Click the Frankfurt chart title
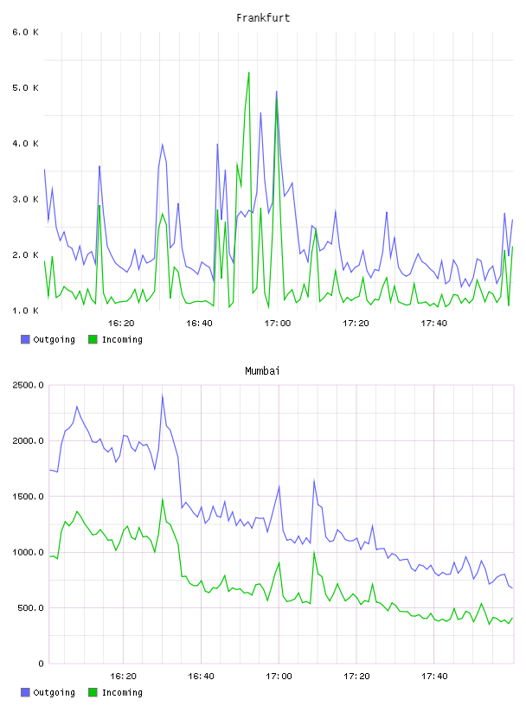263,18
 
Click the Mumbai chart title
262,371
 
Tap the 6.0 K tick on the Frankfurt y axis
26,32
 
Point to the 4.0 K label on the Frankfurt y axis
26,144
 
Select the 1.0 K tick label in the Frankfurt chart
26,311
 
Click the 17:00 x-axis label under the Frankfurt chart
278,324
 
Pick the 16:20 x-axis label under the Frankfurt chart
121,324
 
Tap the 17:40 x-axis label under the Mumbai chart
434,677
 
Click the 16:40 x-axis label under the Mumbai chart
201,677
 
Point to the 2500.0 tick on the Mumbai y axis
29,385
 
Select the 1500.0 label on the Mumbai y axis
29,497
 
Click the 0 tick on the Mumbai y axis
41,664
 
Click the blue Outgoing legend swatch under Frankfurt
25,339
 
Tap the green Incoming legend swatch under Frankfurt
93,339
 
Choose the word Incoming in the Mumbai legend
122,692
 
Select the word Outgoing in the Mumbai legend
54,692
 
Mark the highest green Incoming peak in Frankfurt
248,73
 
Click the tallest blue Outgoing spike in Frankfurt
277,92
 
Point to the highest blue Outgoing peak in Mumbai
162,395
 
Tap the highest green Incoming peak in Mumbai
162,499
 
